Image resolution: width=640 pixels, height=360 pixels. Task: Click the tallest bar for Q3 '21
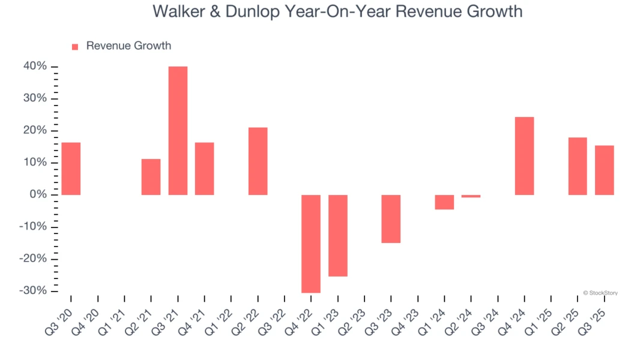tap(178, 130)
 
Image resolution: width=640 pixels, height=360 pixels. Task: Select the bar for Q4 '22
tap(311, 244)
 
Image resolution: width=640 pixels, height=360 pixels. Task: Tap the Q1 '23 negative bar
tap(337, 235)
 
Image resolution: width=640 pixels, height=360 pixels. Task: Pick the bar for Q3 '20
tap(71, 169)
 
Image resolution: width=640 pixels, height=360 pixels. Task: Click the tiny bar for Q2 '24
tap(471, 196)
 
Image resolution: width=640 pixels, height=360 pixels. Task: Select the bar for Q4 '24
tap(524, 156)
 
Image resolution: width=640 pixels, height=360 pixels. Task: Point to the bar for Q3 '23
tap(391, 219)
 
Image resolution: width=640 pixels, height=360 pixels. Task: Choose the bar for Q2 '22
tap(258, 161)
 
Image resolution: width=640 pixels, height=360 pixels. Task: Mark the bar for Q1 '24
tap(444, 202)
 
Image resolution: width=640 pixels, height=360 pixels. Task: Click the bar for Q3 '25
tap(604, 170)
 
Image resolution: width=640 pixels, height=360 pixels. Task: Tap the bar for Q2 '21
tap(151, 177)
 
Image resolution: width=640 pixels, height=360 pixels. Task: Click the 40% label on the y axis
tap(35, 67)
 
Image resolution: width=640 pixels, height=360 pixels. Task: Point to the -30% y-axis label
tap(33, 291)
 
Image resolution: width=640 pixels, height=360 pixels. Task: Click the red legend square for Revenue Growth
tap(75, 47)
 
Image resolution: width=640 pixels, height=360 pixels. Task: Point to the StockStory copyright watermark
tap(600, 293)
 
